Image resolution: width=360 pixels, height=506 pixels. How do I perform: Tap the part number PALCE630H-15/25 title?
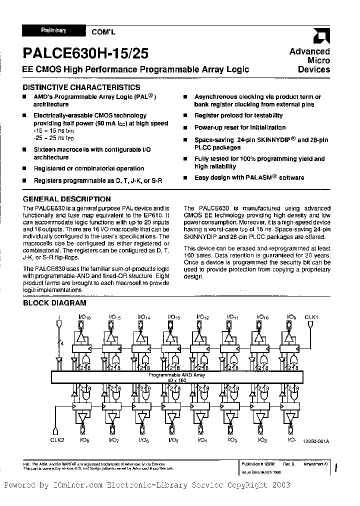point(85,54)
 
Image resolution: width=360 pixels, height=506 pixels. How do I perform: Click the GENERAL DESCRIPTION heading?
point(67,199)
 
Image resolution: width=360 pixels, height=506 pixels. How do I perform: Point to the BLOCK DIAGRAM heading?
point(55,302)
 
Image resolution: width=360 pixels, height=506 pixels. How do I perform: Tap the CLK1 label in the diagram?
point(311,316)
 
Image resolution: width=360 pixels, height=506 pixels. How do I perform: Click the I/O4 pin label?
point(202,440)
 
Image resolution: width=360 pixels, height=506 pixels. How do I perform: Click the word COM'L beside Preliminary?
point(103,31)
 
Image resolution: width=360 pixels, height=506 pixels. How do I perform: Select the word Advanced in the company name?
point(310,51)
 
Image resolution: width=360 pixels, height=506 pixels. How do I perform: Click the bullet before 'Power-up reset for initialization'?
point(184,128)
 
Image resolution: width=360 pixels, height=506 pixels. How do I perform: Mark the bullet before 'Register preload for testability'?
point(184,115)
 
